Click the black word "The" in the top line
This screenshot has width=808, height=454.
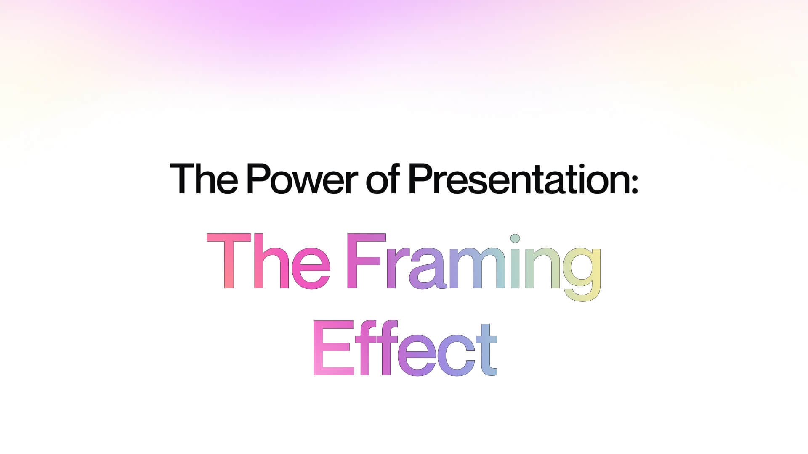[204, 178]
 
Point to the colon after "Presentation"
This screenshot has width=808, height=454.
[635, 183]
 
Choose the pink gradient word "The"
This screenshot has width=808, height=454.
[268, 261]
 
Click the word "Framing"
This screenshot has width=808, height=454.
[474, 267]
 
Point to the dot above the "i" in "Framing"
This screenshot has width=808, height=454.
[515, 239]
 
